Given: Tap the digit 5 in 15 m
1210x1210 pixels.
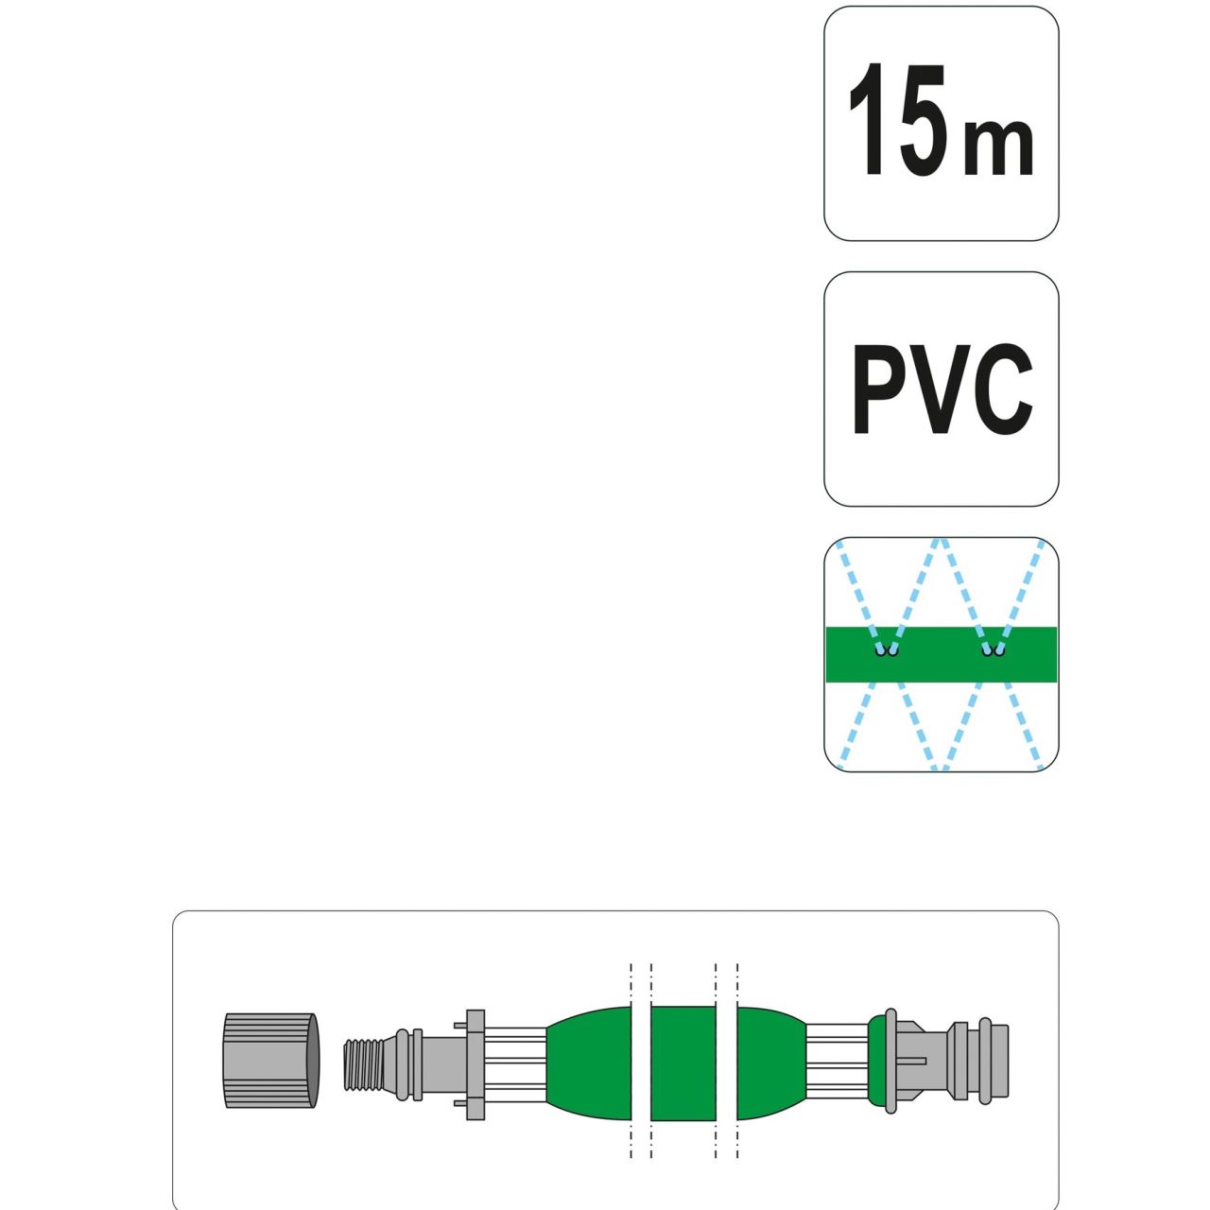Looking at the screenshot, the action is (x=923, y=119).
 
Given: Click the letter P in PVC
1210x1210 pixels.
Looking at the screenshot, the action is (x=881, y=389).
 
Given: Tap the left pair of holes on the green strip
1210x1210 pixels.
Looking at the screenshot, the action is (x=887, y=651).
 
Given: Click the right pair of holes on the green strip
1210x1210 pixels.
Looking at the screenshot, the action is (x=994, y=651).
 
